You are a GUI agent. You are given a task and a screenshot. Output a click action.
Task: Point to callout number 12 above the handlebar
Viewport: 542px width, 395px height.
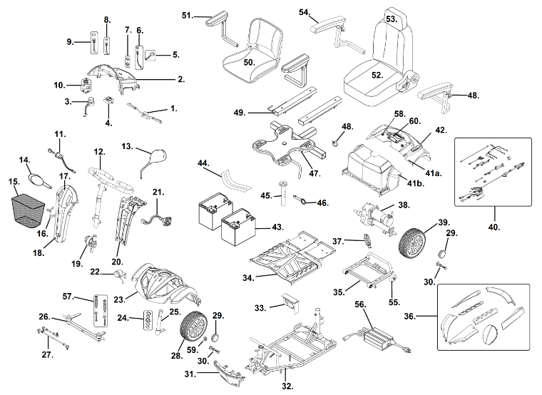99,152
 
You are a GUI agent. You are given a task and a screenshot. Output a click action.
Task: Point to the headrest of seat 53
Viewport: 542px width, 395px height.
393,32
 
